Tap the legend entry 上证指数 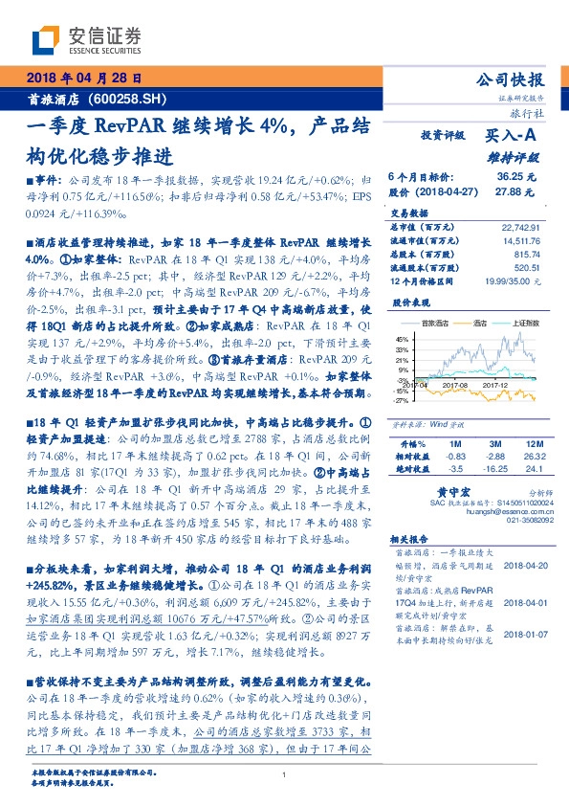click(523, 325)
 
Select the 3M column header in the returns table click(494, 445)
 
